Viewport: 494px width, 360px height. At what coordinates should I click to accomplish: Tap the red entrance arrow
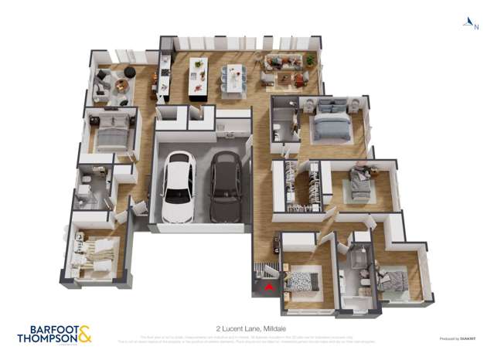tap(268, 287)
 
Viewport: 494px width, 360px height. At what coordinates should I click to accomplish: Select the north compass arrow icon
tap(468, 22)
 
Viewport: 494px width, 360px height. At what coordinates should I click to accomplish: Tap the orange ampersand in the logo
tap(85, 332)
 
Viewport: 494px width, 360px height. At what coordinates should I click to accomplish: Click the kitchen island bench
tap(199, 77)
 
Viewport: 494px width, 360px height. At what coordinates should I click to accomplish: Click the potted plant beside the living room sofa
tap(310, 59)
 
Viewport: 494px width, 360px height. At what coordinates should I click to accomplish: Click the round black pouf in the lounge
tap(129, 72)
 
